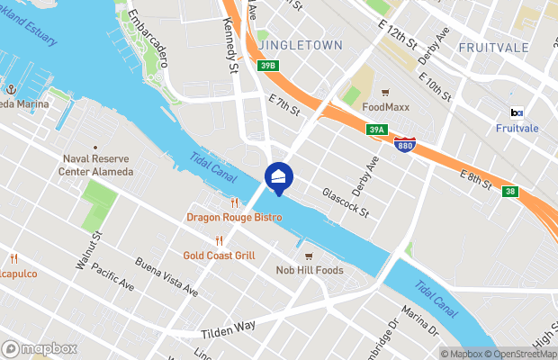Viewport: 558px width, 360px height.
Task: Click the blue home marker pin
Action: pos(278,177)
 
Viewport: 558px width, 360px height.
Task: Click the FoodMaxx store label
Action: pos(385,106)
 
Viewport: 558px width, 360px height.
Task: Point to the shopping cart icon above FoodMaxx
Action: pos(385,93)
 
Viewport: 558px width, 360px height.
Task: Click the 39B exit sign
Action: pos(267,66)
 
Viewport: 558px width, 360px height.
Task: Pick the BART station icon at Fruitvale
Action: pos(517,112)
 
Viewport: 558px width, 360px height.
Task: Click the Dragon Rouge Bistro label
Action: pos(228,217)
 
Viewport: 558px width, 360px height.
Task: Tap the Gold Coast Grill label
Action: pos(220,255)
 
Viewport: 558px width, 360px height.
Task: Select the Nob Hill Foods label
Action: pos(309,270)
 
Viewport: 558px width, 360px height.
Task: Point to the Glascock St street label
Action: pos(346,202)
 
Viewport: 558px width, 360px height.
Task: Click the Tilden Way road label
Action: pos(229,328)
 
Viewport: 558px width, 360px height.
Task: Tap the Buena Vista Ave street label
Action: pos(166,277)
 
